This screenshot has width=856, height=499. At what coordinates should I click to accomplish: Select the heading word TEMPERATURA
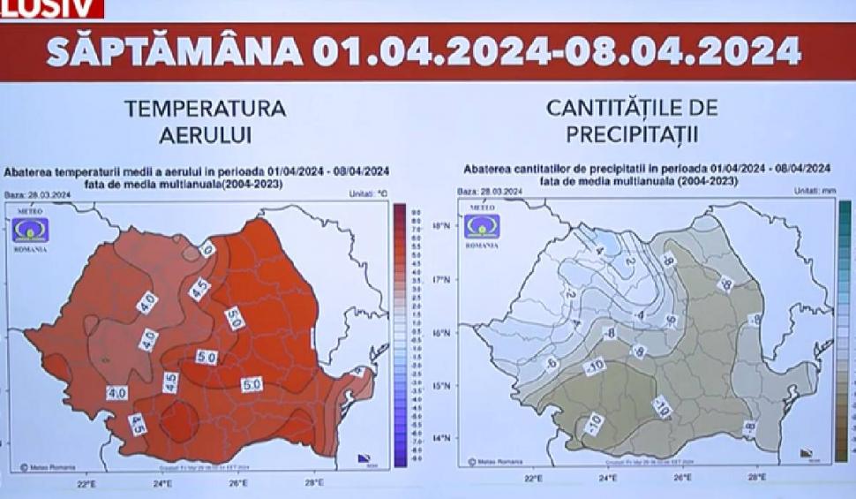coord(205,110)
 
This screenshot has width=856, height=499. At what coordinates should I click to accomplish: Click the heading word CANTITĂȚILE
coord(632,110)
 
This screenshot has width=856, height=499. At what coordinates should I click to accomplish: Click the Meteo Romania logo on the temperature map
coord(30,230)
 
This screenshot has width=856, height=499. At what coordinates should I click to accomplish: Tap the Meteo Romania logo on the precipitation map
coord(482,226)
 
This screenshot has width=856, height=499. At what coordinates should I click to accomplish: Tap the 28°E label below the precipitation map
coord(756,478)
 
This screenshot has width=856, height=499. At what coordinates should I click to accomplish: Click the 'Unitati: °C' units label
coord(368,192)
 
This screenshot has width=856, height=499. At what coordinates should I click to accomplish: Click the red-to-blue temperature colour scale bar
coord(399,336)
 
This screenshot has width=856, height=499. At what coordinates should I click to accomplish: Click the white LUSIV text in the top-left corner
coord(50,8)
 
